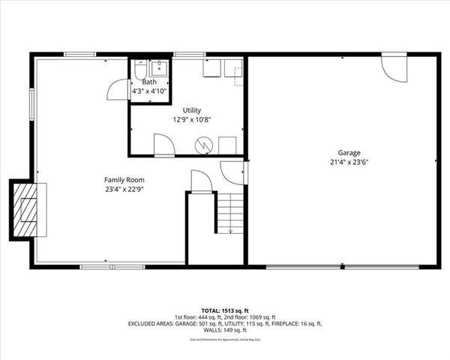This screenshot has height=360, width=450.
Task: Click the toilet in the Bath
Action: [x=140, y=70]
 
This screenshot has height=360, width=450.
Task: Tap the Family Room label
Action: [x=124, y=180]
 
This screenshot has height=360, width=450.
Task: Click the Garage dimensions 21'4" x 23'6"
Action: [x=344, y=162]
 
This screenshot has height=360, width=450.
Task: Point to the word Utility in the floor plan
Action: [x=192, y=110]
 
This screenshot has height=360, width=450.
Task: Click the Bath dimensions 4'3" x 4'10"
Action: [x=149, y=91]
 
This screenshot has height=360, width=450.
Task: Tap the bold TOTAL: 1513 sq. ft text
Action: [x=226, y=310]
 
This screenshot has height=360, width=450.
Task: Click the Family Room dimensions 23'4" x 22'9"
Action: [x=124, y=190]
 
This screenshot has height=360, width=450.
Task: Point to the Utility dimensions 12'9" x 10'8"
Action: [x=191, y=119]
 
